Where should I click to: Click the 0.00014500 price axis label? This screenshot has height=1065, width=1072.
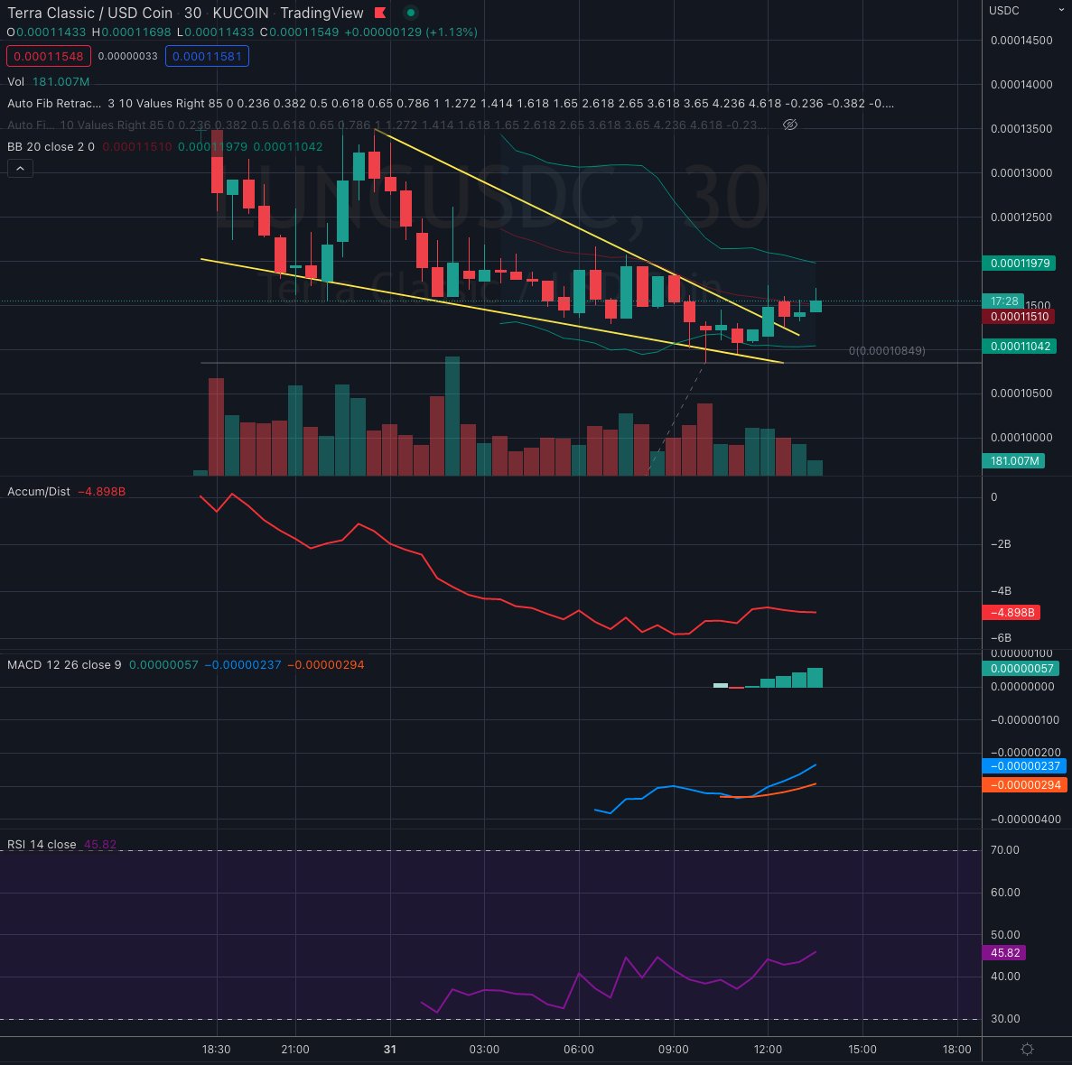[1021, 41]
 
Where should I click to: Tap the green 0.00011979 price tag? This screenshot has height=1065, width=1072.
[1020, 264]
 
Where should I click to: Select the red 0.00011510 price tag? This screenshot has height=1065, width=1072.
[1020, 317]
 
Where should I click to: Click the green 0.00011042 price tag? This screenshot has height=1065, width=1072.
[1020, 347]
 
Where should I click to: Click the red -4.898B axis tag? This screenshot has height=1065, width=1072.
[1012, 613]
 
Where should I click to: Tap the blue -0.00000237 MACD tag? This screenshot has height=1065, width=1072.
[1023, 766]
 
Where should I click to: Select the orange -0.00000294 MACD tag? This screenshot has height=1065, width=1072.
[1023, 786]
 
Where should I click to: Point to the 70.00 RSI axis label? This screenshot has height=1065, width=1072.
[1005, 850]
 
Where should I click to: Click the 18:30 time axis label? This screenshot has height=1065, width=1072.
[216, 1050]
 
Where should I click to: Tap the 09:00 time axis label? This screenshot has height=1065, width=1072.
[674, 1050]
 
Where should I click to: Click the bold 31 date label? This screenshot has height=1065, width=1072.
[389, 1050]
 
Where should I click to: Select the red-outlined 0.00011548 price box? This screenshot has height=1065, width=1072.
[47, 56]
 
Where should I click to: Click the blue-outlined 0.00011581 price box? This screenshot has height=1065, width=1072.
[207, 56]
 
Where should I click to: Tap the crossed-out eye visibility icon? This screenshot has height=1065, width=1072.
[789, 125]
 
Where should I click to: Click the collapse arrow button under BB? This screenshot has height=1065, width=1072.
[20, 168]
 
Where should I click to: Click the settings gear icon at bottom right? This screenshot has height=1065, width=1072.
[1027, 1049]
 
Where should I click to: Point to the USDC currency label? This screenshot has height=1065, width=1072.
[1004, 11]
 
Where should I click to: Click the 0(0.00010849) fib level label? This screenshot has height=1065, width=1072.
[886, 350]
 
